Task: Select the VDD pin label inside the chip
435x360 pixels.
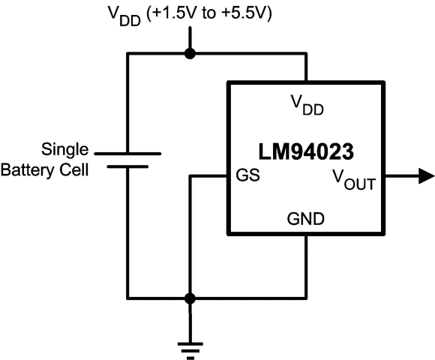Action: tap(307, 106)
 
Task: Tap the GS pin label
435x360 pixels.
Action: tap(248, 177)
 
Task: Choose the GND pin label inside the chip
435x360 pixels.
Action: tap(306, 220)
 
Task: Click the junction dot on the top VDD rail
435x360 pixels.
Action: tap(190, 53)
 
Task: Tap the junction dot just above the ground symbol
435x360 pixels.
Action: tap(190, 298)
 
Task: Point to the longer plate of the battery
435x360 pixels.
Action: tap(128, 153)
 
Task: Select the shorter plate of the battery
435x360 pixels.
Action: tap(128, 167)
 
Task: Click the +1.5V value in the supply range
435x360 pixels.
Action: tap(172, 13)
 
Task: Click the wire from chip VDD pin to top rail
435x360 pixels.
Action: tap(306, 67)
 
